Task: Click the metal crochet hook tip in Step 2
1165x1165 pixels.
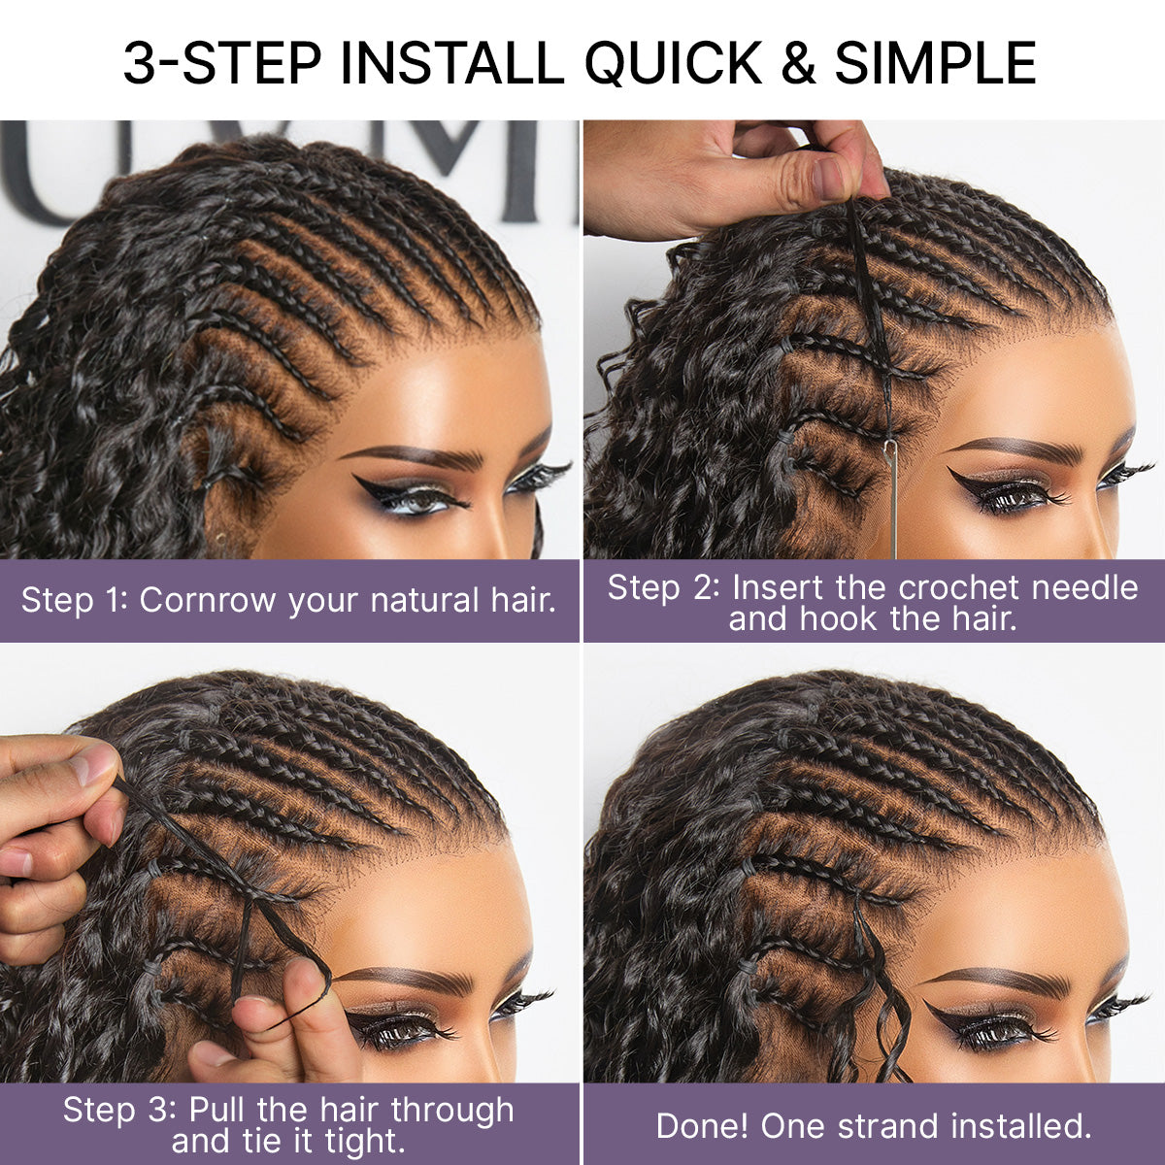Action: pyautogui.click(x=890, y=449)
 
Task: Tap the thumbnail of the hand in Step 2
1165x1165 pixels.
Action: pyautogui.click(x=831, y=178)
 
